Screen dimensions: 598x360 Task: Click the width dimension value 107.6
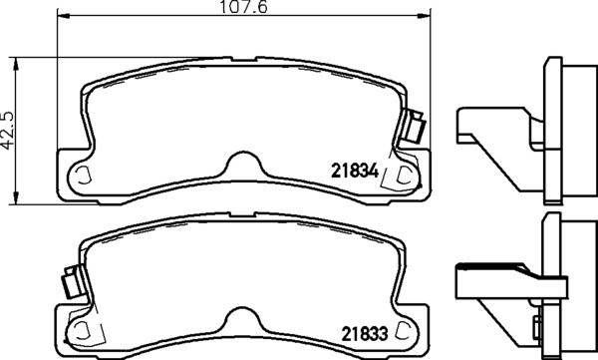click(243, 7)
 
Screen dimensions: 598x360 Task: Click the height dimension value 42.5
click(7, 131)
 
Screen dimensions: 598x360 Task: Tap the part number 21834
click(355, 171)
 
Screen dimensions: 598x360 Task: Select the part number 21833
click(364, 334)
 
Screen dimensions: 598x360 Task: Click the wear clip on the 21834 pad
click(415, 126)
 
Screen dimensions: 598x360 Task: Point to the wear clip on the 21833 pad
click(74, 282)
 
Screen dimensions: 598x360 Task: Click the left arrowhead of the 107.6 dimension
click(64, 16)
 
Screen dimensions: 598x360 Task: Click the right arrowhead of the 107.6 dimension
click(425, 16)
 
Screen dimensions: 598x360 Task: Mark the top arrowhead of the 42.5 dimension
click(16, 64)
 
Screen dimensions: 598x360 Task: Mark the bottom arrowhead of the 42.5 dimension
click(16, 197)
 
